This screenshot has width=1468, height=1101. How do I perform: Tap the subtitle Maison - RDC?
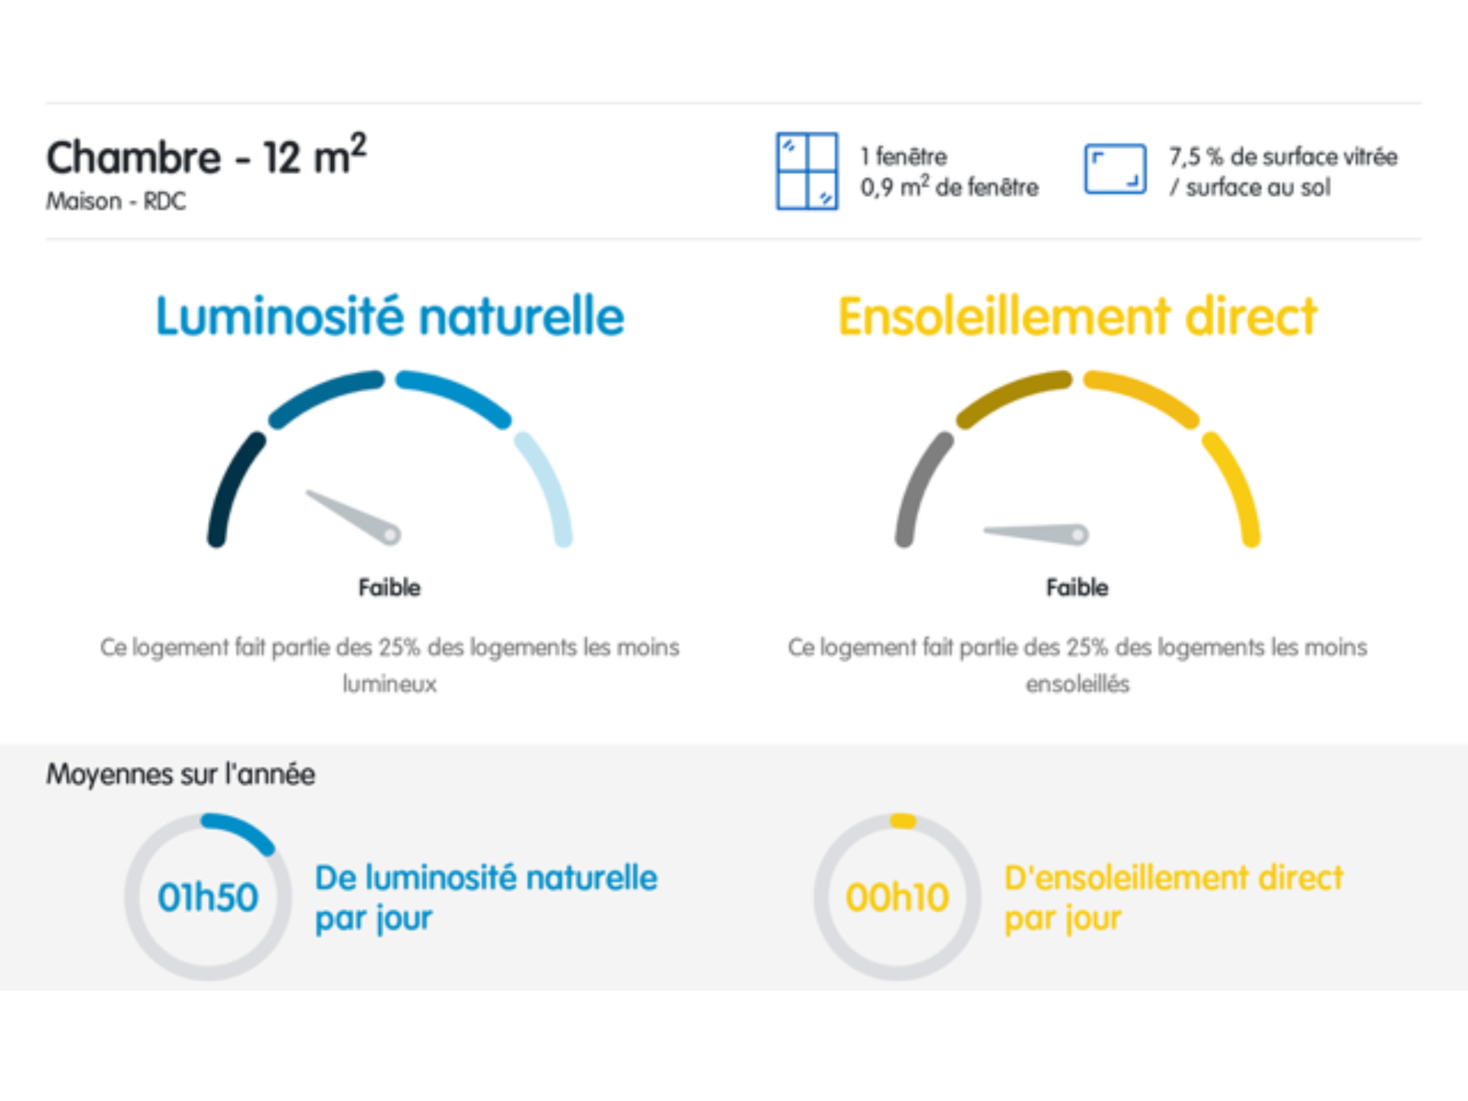point(116,201)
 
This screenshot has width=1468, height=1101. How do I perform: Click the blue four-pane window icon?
point(807,171)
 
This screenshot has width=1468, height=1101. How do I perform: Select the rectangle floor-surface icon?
point(1115,169)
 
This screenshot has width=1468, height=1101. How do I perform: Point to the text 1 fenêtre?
point(904,157)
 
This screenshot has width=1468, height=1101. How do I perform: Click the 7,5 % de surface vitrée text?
point(1283,157)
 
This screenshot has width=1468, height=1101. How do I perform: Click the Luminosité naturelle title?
point(390,316)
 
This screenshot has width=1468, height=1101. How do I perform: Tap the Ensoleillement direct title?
point(1077,316)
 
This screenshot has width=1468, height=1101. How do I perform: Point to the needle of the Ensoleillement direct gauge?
point(1036,533)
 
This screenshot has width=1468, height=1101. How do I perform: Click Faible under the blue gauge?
point(389,587)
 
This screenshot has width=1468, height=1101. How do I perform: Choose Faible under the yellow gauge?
point(1077,587)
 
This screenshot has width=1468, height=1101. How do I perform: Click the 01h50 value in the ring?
point(208,897)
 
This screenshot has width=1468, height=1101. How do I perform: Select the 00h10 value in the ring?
point(897,897)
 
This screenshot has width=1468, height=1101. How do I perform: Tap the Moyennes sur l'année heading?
point(180,775)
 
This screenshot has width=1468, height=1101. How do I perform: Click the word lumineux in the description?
point(389,684)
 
